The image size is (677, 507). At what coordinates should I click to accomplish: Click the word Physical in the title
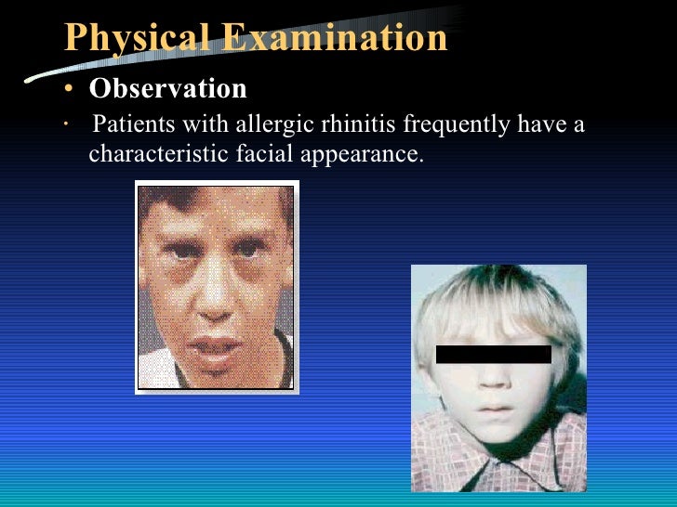pos(136,37)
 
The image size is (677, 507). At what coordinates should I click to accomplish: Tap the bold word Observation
pos(167,88)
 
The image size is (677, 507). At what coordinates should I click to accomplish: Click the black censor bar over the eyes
pos(493,354)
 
